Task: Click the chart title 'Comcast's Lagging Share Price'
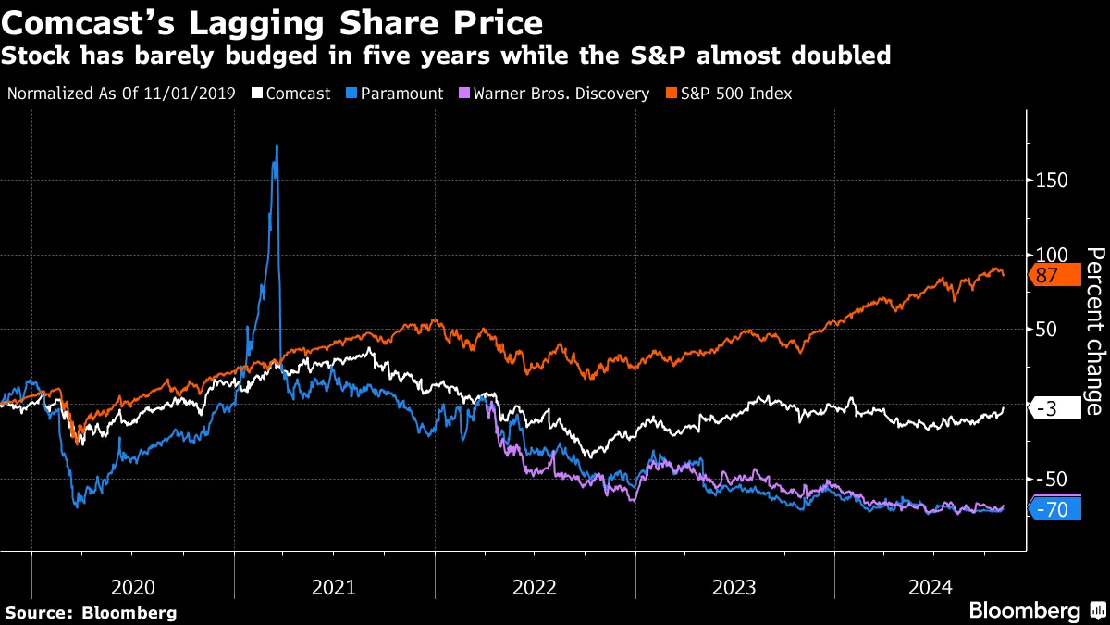point(272,21)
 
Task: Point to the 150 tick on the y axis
point(1050,180)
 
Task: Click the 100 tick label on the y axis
point(1050,255)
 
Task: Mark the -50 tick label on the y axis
point(1051,479)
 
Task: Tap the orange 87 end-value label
point(1053,275)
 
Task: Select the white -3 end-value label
point(1053,408)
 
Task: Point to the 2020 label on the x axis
point(132,587)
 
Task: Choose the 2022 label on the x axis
point(535,587)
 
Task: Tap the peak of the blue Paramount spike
point(277,146)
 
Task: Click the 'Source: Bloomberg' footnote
point(91,612)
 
